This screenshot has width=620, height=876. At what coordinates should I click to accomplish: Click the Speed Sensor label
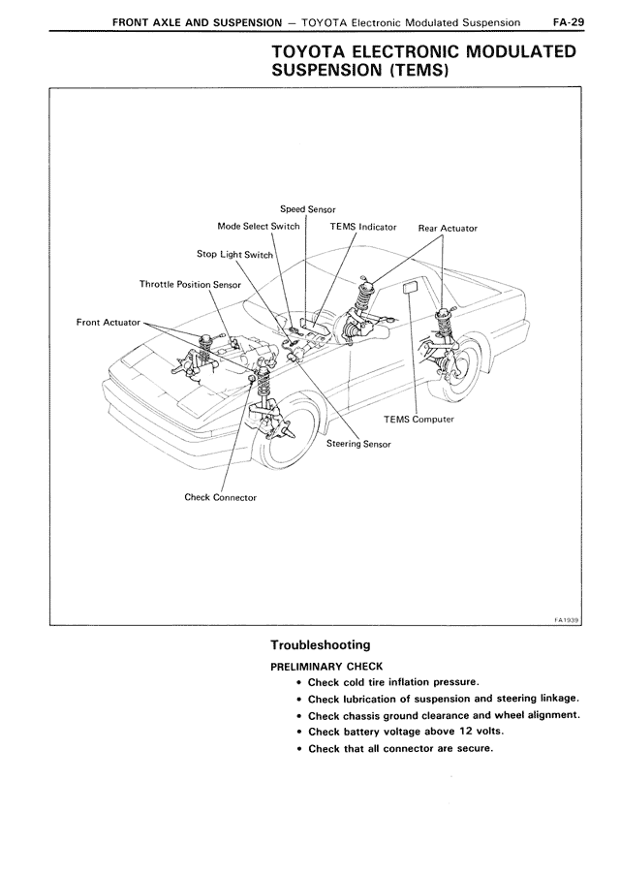point(307,208)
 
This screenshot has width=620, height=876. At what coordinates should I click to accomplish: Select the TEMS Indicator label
point(363,227)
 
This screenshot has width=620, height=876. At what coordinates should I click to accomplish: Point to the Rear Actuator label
point(448,229)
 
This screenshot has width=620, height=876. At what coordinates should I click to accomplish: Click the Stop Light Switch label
point(235,254)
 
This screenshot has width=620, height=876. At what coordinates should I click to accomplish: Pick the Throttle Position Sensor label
point(190,285)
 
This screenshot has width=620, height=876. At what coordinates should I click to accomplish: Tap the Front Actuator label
point(108,321)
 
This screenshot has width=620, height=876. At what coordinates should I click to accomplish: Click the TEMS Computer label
point(418,420)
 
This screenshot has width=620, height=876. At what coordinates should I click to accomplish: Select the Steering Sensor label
point(358,444)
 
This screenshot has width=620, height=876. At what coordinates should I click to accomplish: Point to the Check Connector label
point(221,497)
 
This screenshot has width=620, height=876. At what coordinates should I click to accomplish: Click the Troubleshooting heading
point(321,644)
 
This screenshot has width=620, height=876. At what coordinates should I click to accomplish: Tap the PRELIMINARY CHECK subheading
point(326,666)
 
